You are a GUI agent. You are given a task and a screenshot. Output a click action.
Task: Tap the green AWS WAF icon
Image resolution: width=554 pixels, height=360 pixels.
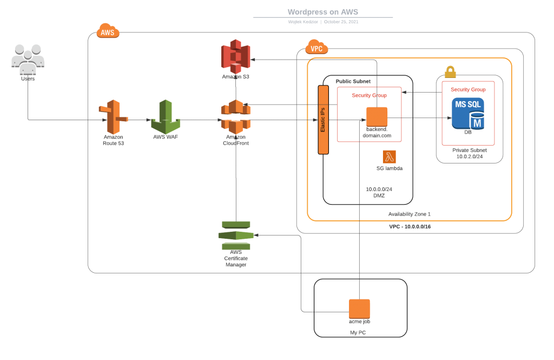click(166, 116)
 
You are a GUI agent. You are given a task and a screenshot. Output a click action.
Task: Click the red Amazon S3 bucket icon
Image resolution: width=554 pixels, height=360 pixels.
click(235, 57)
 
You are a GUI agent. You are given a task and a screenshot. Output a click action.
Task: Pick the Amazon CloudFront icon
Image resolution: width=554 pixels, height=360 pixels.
click(235, 116)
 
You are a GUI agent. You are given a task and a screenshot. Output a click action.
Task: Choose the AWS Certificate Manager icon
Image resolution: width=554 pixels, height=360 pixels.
click(235, 235)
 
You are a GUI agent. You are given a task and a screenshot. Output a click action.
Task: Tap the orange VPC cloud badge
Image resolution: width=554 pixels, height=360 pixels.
click(316, 49)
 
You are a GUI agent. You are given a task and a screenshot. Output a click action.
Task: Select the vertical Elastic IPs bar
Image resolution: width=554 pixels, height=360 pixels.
click(324, 120)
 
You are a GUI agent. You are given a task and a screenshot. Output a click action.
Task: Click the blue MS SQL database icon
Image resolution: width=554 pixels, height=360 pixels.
click(469, 113)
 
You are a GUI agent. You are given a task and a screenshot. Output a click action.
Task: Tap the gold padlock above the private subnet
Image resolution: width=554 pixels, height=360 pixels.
click(450, 72)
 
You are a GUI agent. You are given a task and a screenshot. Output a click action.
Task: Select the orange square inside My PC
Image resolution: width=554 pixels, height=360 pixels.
click(359, 309)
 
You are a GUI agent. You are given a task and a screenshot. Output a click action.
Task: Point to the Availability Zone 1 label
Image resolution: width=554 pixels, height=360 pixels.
click(410, 214)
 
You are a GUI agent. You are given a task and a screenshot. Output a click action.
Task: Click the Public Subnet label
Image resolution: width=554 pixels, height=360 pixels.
click(353, 81)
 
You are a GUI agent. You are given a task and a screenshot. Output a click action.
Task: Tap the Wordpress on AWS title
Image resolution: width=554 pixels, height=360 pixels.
click(323, 11)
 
